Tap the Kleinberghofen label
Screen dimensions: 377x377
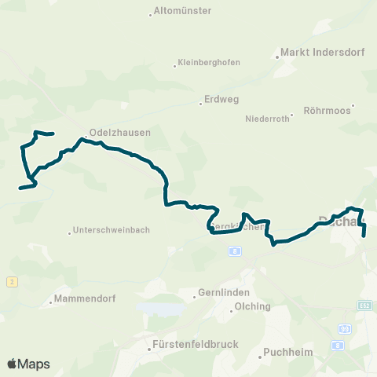point(209,63)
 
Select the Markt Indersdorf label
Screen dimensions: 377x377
point(313,55)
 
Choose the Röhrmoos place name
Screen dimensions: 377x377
point(330,112)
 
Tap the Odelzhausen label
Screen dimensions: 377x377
point(119,133)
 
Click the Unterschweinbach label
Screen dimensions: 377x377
point(110,230)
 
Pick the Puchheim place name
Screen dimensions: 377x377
point(284,351)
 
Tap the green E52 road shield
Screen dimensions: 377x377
point(364,304)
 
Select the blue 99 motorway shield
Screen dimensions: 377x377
point(344,328)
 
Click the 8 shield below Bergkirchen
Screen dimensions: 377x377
point(234,251)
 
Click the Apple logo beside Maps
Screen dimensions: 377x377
point(13,364)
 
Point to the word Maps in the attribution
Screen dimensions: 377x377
point(35,364)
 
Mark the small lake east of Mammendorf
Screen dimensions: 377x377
point(160,308)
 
